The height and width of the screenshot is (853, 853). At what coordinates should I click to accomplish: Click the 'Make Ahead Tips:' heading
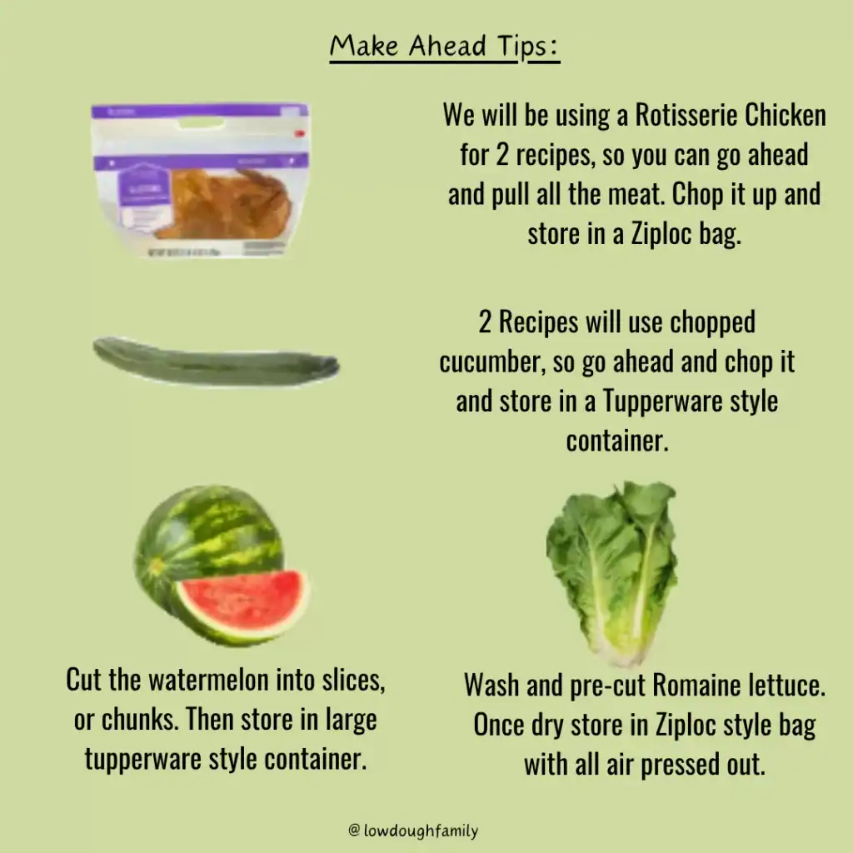(444, 47)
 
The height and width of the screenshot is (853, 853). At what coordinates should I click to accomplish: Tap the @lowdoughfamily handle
(413, 831)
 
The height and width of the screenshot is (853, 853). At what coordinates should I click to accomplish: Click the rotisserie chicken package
(200, 179)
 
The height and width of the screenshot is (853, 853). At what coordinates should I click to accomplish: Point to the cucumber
(216, 362)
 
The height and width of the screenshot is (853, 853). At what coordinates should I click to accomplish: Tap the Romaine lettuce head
(612, 572)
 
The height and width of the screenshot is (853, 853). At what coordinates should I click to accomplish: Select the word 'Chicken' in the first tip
(785, 115)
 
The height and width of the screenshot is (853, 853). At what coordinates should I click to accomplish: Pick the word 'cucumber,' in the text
(491, 362)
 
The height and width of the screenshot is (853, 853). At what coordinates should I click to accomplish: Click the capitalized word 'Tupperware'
(662, 402)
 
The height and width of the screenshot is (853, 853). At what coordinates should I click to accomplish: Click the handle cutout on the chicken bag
(201, 124)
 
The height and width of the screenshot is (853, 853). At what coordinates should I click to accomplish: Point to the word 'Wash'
(491, 685)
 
